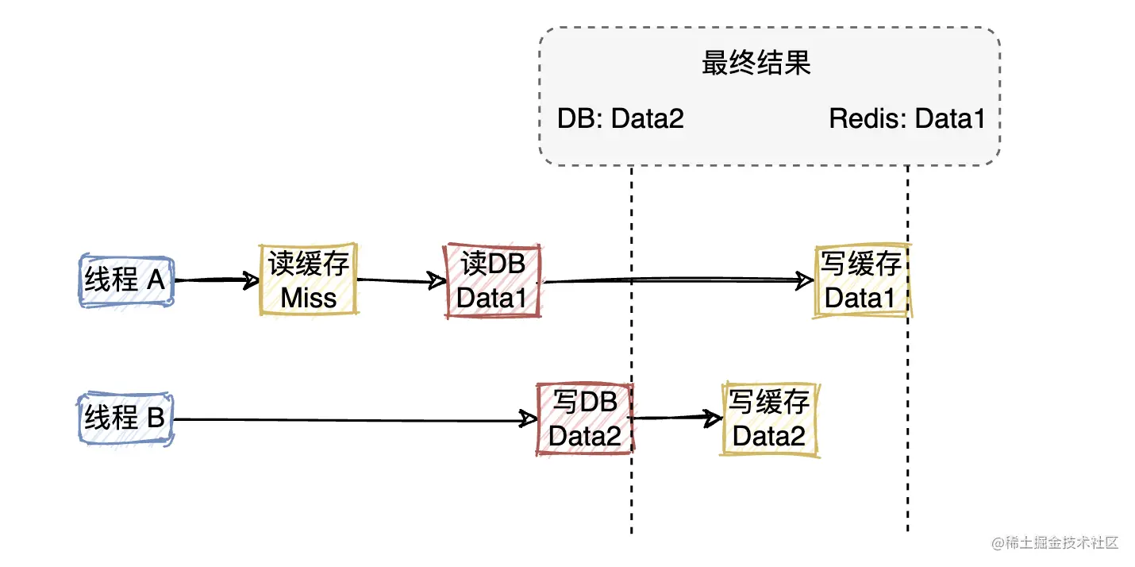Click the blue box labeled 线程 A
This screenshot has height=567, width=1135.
pyautogui.click(x=126, y=280)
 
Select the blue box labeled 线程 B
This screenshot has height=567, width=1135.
pyautogui.click(x=126, y=418)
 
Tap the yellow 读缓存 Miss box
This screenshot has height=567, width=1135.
pyautogui.click(x=309, y=280)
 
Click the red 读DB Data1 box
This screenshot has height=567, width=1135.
pyautogui.click(x=493, y=281)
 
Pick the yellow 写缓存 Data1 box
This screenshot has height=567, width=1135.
pyautogui.click(x=861, y=281)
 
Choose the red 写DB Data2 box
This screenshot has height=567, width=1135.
pyautogui.click(x=585, y=418)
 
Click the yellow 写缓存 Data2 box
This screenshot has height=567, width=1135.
pyautogui.click(x=770, y=418)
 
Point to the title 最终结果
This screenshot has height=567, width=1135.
pyautogui.click(x=756, y=64)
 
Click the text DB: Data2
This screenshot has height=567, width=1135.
pyautogui.click(x=620, y=119)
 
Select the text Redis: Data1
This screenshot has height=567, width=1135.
pyautogui.click(x=906, y=119)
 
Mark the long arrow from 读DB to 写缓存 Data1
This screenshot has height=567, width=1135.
pyautogui.click(x=675, y=280)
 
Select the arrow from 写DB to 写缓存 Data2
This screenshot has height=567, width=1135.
pyautogui.click(x=675, y=417)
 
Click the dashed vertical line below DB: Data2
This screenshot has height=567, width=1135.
pyautogui.click(x=632, y=492)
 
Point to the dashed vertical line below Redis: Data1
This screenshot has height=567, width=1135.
pyautogui.click(x=907, y=492)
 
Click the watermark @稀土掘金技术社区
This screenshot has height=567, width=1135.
pyautogui.click(x=1054, y=543)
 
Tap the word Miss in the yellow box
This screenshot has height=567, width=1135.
pyautogui.click(x=309, y=298)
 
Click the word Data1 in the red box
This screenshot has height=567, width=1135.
pyautogui.click(x=493, y=299)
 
